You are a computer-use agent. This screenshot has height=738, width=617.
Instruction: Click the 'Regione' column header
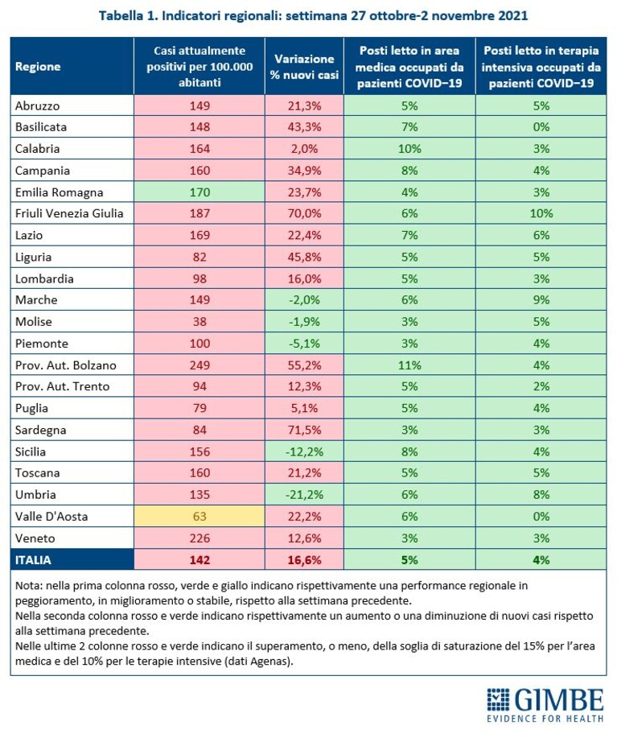[38, 66]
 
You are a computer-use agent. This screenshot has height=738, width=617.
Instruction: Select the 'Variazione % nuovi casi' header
[304, 67]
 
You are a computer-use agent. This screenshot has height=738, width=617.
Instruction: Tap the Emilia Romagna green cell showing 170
[199, 192]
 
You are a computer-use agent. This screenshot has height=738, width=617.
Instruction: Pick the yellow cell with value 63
[199, 517]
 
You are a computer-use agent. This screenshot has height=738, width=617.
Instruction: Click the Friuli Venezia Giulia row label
[69, 214]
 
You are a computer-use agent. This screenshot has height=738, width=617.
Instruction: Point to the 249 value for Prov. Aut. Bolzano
[199, 365]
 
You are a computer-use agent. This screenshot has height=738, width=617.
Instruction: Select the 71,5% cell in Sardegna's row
[304, 430]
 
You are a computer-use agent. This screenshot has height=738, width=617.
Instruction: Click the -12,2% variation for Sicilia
[304, 451]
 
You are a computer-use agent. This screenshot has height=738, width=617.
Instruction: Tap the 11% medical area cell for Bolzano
[409, 365]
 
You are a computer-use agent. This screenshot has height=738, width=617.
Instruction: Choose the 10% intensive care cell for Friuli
[541, 214]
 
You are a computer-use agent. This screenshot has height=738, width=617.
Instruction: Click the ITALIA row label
[33, 560]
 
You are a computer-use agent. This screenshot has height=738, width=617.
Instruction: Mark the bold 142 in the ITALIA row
[199, 560]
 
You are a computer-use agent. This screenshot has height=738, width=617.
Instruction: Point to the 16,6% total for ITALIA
[304, 560]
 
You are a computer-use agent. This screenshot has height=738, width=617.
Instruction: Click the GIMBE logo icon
[498, 699]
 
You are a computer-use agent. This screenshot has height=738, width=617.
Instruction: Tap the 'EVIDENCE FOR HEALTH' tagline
[545, 719]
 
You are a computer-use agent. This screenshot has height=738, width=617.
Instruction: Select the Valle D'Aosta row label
[51, 517]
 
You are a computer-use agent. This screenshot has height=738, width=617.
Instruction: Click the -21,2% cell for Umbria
[304, 495]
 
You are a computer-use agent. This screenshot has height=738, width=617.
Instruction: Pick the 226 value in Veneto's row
[199, 538]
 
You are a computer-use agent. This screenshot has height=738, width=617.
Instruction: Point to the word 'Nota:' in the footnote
[29, 586]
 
